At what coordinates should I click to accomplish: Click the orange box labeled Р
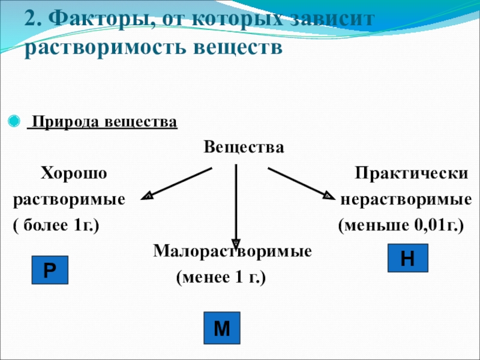coord(50,270)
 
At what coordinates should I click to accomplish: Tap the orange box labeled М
coord(222,328)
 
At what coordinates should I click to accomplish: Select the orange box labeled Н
coord(407,257)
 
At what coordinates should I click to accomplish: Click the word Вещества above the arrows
coord(243,147)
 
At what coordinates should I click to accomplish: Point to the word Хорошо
coord(73,174)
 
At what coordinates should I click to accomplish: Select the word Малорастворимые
coord(233,250)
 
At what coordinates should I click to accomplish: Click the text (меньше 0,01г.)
coord(400,226)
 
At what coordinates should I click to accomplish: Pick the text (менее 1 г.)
coord(220,278)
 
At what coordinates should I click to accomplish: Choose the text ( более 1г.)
coord(56,226)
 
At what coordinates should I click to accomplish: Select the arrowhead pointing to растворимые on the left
coord(147,195)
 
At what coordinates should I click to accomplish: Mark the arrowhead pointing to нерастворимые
coord(328,195)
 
